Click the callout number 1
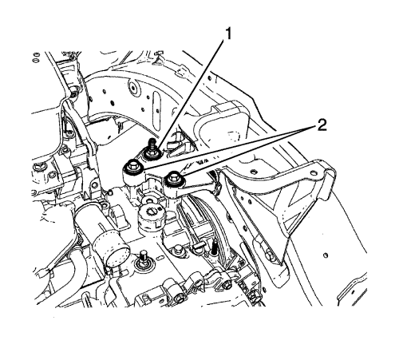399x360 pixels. click(x=227, y=34)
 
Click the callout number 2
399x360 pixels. click(x=322, y=125)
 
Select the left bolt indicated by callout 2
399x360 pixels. click(x=132, y=168)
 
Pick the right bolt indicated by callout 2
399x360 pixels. click(x=174, y=179)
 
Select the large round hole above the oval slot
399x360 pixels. click(x=133, y=88)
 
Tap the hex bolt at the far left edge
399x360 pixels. click(x=36, y=167)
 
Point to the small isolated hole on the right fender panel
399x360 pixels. click(x=325, y=255)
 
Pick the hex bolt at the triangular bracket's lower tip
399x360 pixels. click(x=269, y=255)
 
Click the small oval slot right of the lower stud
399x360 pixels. click(x=160, y=258)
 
